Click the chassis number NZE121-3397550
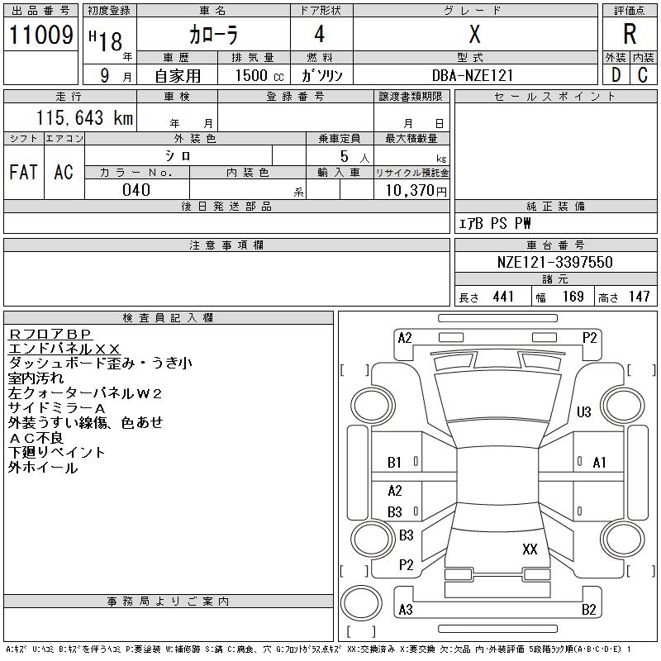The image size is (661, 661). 555,262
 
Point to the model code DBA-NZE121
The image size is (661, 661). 472,75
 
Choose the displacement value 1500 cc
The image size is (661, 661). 254,75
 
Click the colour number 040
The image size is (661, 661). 136,190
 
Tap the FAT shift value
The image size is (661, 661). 23,172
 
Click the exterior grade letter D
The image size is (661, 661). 616,75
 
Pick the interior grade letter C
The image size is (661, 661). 643,75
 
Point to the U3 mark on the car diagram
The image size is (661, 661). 584,411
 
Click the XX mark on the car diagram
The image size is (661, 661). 530,549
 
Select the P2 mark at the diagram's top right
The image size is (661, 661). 589,337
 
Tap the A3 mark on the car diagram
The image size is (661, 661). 405,610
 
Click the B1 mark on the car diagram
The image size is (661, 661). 394,463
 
